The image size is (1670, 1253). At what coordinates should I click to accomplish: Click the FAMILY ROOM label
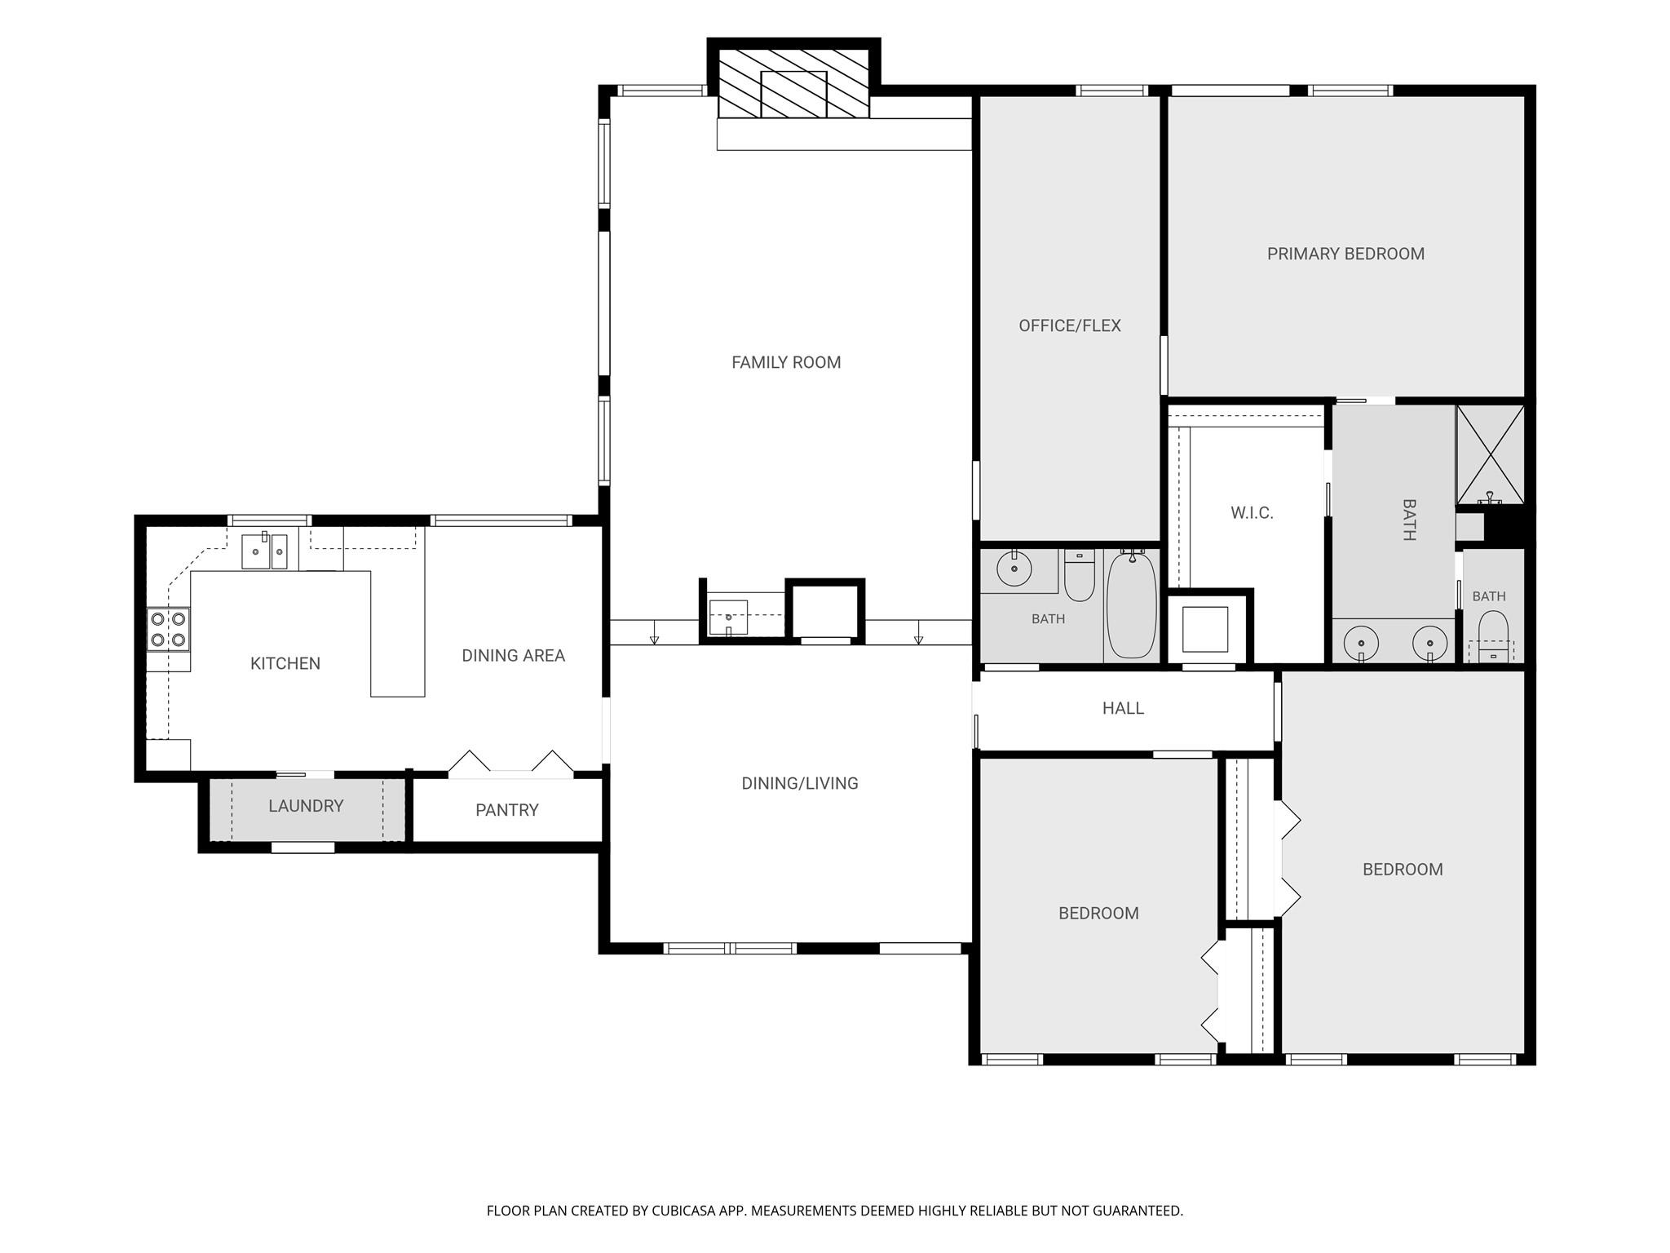[x=786, y=362]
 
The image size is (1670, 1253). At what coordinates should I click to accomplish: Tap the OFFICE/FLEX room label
[x=1070, y=325]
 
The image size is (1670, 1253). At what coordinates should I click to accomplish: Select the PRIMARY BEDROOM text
[x=1345, y=254]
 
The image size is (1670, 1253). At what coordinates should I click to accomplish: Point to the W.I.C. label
[x=1252, y=513]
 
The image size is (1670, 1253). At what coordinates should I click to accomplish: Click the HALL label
[x=1123, y=708]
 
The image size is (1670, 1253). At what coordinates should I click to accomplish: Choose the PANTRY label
[x=507, y=810]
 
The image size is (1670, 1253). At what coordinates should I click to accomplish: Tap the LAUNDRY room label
[x=306, y=806]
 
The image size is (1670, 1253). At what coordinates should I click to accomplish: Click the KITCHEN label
[x=285, y=663]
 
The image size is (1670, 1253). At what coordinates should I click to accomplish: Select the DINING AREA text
[x=513, y=655]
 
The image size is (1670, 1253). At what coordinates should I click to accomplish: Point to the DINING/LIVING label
[x=800, y=783]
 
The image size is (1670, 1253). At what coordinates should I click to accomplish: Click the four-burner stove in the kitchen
[x=168, y=629]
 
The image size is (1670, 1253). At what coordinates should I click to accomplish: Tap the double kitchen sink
[x=265, y=551]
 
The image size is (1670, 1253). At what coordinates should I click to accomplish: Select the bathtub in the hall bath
[x=1132, y=605]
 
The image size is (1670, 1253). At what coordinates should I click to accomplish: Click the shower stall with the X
[x=1490, y=454]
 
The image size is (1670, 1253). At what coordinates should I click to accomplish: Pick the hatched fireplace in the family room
[x=793, y=83]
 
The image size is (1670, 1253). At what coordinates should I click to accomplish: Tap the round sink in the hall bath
[x=1014, y=568]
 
